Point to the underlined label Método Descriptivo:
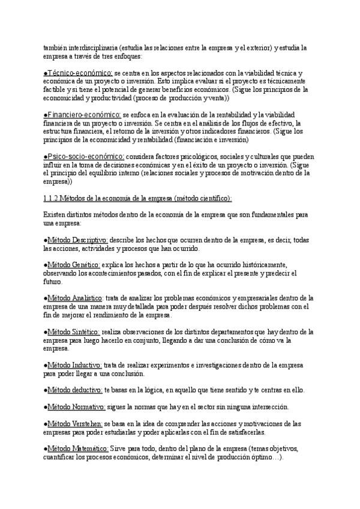(77, 240)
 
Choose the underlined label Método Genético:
(74, 265)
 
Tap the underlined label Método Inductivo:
(75, 364)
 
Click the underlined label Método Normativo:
(76, 406)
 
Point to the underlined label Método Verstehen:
(76, 423)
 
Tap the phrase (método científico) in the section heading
(201, 198)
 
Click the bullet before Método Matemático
(46, 448)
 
